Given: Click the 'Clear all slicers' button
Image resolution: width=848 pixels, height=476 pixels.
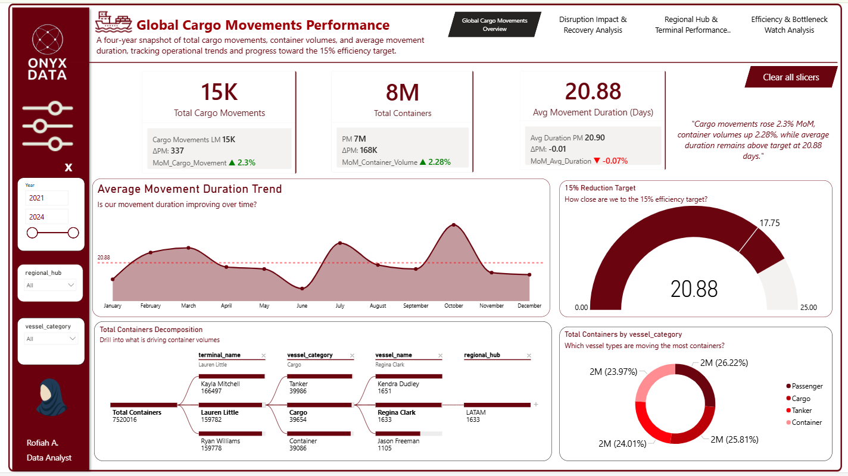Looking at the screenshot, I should pyautogui.click(x=790, y=77).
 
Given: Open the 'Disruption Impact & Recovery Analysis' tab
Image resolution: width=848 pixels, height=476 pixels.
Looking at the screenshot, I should pyautogui.click(x=593, y=25).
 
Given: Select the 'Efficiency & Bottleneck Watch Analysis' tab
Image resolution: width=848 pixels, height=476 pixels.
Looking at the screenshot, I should pyautogui.click(x=789, y=25).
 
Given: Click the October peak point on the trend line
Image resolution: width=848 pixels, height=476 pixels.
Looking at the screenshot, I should pyautogui.click(x=454, y=225).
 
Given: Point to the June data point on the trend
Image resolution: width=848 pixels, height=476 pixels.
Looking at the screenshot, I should pyautogui.click(x=302, y=289).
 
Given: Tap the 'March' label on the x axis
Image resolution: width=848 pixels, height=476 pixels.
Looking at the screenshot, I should pyautogui.click(x=188, y=306).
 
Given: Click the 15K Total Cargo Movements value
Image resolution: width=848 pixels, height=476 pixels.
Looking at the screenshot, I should pyautogui.click(x=219, y=92).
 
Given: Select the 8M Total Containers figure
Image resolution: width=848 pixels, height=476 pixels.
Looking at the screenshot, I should pyautogui.click(x=403, y=93).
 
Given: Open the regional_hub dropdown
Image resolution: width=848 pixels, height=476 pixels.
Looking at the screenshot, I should pyautogui.click(x=51, y=285).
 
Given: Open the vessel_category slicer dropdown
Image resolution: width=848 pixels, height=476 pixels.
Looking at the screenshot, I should pyautogui.click(x=51, y=339).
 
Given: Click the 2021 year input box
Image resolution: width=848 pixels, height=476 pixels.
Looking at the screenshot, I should pyautogui.click(x=46, y=198).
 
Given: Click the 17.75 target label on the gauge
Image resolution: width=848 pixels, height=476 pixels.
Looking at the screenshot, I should pyautogui.click(x=769, y=223).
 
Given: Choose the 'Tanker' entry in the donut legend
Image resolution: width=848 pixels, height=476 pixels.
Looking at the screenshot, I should pyautogui.click(x=802, y=411).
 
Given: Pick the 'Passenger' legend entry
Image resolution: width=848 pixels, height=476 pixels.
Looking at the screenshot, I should pyautogui.click(x=807, y=387).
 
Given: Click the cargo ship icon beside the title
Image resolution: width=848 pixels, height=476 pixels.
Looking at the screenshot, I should pyautogui.click(x=113, y=21).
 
